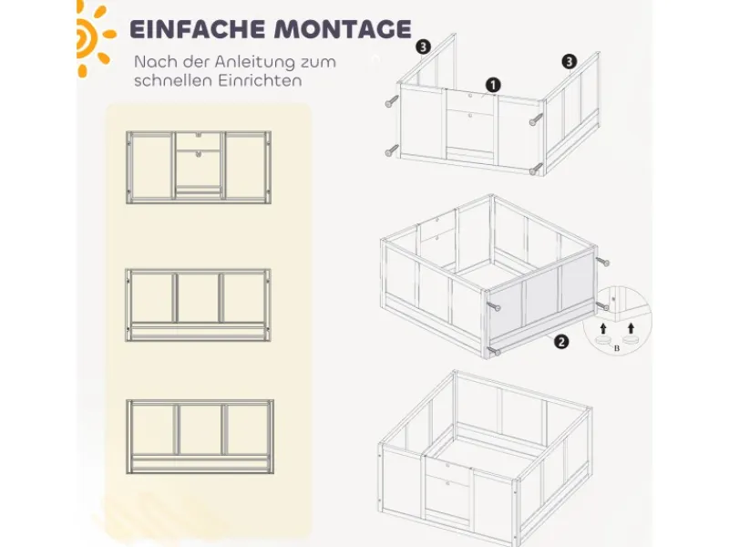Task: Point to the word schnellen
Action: (x=172, y=80)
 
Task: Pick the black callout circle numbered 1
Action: (x=493, y=85)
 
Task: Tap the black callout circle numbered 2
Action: (x=562, y=342)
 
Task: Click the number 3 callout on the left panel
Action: (x=422, y=45)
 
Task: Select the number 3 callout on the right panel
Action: (x=570, y=62)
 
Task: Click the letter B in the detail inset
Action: (x=617, y=347)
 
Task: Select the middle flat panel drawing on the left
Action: (x=198, y=303)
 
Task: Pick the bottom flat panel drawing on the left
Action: (x=199, y=434)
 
